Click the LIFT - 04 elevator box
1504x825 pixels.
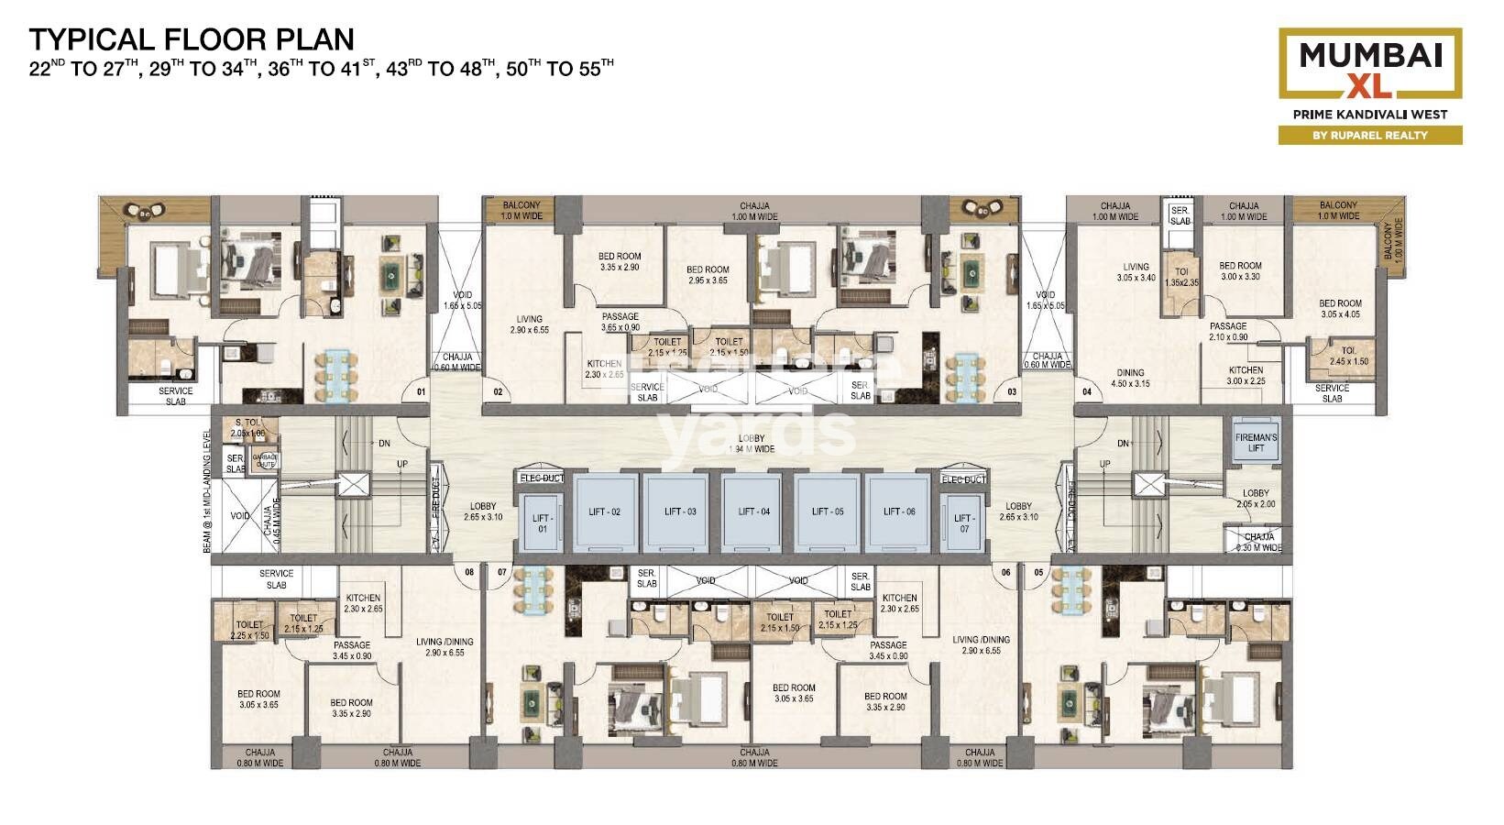754,511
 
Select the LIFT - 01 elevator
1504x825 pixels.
542,523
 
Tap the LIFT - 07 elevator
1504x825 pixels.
964,523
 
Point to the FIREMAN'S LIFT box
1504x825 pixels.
1256,443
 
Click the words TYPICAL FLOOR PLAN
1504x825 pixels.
192,39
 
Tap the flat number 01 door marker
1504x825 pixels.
421,392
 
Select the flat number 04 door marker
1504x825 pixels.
1087,392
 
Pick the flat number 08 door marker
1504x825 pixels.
469,572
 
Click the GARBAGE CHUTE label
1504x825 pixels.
266,460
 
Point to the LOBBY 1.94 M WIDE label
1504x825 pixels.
752,444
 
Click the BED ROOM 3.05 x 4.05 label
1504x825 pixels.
1340,309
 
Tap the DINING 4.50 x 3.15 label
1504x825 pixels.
1130,379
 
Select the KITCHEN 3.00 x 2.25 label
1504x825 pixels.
1246,376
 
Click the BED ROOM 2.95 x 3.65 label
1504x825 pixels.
708,275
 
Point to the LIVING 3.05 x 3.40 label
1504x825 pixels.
1136,272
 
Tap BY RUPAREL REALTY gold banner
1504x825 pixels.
1370,135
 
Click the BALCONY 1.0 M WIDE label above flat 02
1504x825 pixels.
521,211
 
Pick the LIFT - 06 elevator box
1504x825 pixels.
899,511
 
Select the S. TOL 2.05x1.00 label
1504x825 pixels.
247,428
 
